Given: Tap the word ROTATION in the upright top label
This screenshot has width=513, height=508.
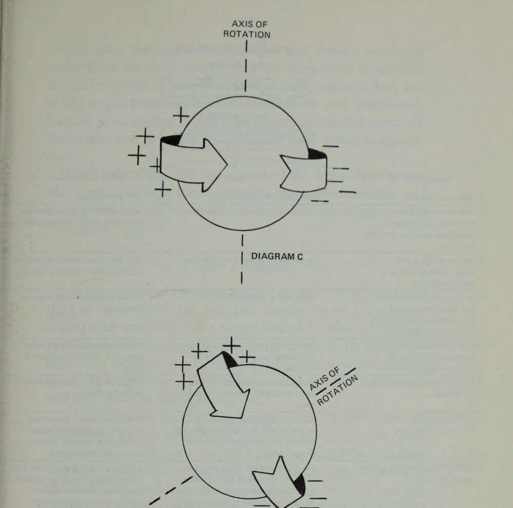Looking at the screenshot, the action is coord(247,35).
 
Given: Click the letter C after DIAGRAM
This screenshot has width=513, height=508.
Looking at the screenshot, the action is coord(300,256).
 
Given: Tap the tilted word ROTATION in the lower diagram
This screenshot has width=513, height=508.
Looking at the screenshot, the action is coord(338,391).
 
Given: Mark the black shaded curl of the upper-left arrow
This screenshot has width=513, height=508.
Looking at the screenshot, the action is coord(170,140).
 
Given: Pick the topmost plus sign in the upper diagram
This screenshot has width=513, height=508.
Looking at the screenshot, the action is coord(181,115).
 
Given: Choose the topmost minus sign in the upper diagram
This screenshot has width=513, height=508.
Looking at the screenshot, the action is coord(330,146).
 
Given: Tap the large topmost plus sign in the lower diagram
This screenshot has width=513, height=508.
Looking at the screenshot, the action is coord(232,345).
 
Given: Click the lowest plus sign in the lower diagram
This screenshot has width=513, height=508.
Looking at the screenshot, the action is coord(184,381).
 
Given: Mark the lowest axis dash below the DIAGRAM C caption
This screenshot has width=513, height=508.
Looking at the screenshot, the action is coord(242,277).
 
